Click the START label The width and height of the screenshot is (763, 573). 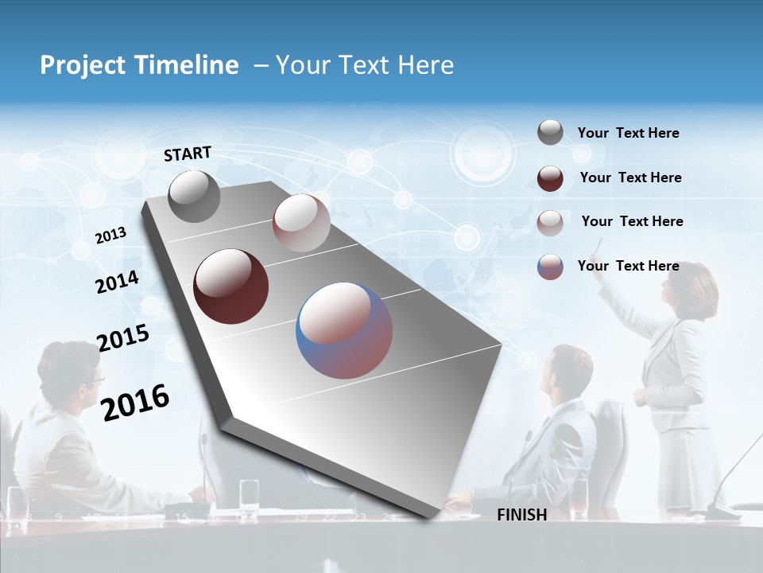(188, 154)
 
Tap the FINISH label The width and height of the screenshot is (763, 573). (521, 515)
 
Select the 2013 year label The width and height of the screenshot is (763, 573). (110, 235)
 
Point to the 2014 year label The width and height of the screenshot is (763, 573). (117, 282)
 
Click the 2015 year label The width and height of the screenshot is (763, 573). (123, 338)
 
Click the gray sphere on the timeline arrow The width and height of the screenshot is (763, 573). (194, 197)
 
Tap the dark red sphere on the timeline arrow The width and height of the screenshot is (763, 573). (230, 286)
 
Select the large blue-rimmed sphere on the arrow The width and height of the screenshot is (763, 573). (344, 330)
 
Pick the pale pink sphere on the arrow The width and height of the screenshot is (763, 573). (301, 224)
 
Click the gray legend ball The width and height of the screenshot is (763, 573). (550, 133)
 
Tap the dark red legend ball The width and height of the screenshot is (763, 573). (550, 177)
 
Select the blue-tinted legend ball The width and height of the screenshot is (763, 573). (550, 267)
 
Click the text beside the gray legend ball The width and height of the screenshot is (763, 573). (628, 133)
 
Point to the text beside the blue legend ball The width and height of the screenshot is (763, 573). (628, 266)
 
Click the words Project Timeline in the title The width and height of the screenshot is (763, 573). (139, 65)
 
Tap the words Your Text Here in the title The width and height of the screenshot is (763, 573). (364, 65)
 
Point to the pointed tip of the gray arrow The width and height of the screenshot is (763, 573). (430, 518)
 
